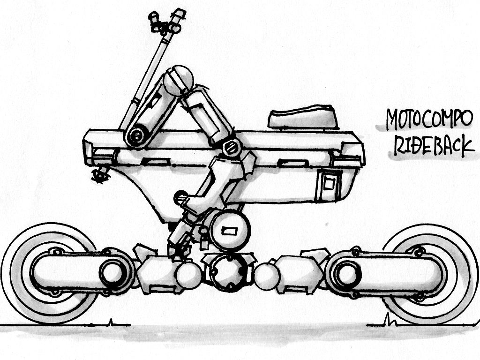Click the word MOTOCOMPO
click(429, 119)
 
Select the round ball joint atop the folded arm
click(179, 81)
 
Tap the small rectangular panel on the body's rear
click(329, 184)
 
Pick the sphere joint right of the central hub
click(267, 277)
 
